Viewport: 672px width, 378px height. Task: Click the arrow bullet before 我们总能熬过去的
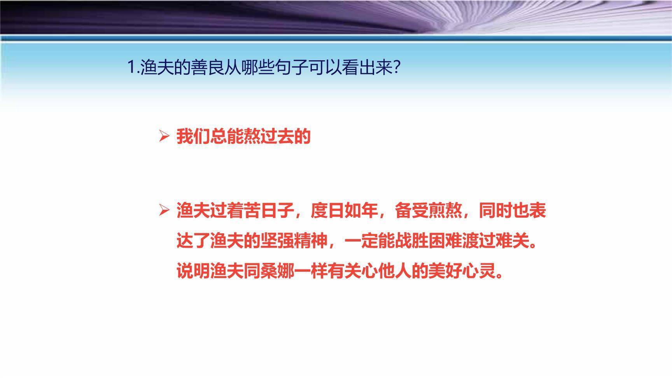[164, 136]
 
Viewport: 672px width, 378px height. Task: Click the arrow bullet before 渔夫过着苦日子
[164, 210]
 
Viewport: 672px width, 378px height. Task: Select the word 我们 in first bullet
[193, 136]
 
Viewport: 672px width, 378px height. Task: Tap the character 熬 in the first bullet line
[252, 136]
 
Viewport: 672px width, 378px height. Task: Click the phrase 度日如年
[345, 211]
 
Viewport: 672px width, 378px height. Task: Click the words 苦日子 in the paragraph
[269, 211]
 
